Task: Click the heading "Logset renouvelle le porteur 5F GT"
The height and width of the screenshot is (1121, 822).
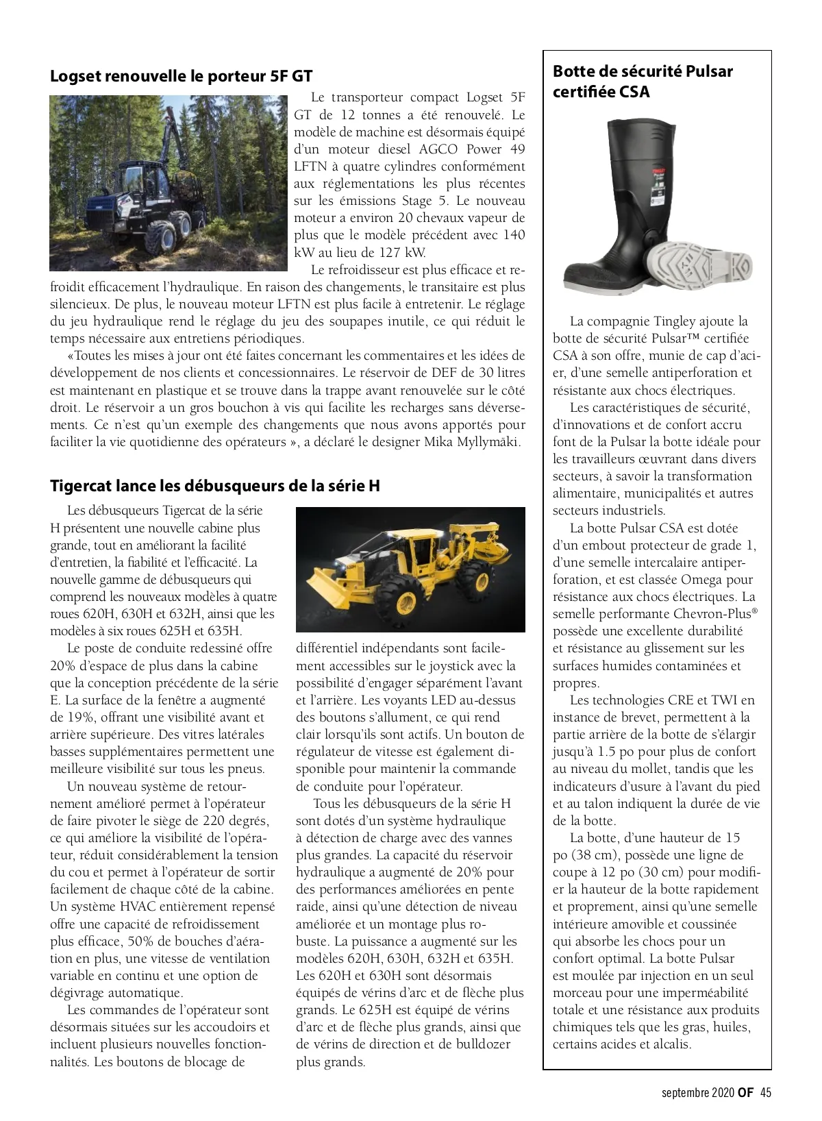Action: [x=181, y=76]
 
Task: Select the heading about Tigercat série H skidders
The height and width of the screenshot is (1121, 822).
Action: [x=214, y=486]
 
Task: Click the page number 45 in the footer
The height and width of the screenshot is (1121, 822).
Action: [x=765, y=1093]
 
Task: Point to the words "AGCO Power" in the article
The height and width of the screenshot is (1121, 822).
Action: [x=465, y=149]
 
